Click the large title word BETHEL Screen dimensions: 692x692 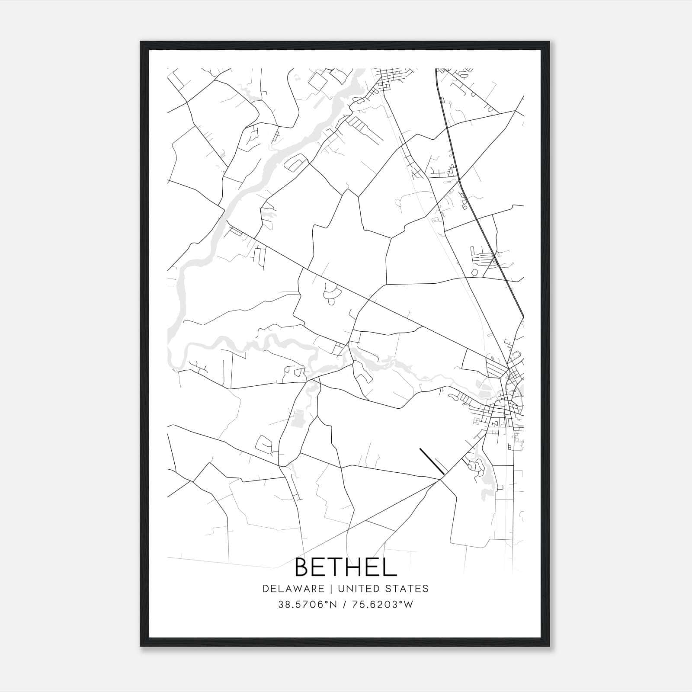click(x=346, y=567)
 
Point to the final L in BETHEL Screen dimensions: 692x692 click(x=391, y=567)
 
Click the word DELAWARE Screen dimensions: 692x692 click(x=293, y=589)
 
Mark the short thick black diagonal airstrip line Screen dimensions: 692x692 click(x=432, y=461)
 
